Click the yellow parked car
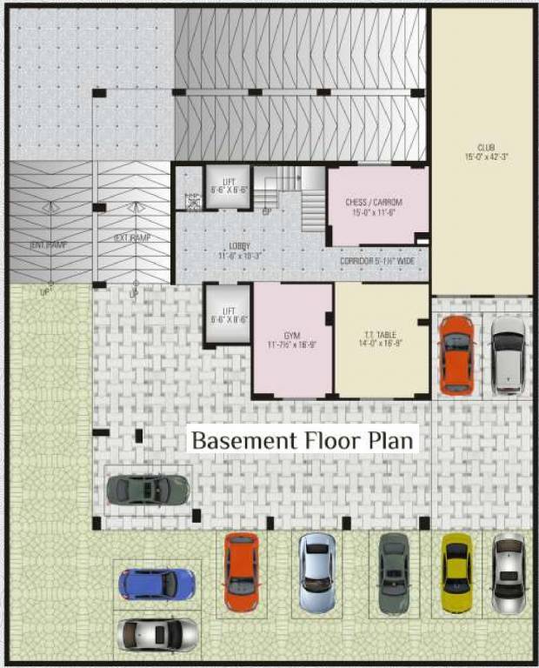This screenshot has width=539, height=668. pos(456,571)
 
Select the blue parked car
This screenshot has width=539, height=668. pos(157,584)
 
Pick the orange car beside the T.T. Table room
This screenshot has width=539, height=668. pos(456,354)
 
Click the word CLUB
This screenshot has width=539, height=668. pos(484,147)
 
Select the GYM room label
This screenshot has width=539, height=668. pos(291,334)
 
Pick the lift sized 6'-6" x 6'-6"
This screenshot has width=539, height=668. pos(228,185)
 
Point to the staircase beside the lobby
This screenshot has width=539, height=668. pos(296,196)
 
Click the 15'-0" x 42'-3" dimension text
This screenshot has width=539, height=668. pos(484,157)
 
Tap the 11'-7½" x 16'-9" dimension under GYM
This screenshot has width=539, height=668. pos(291,344)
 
